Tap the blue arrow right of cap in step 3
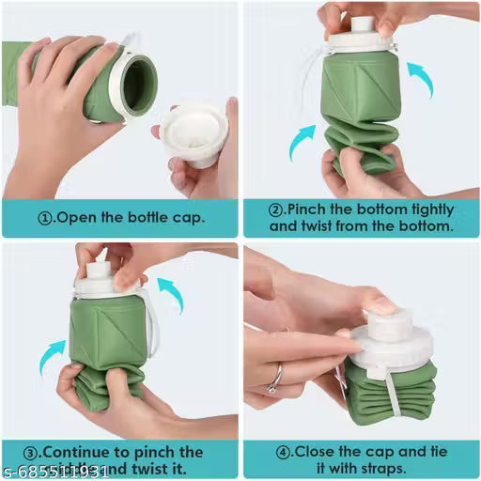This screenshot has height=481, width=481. click(x=171, y=293)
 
